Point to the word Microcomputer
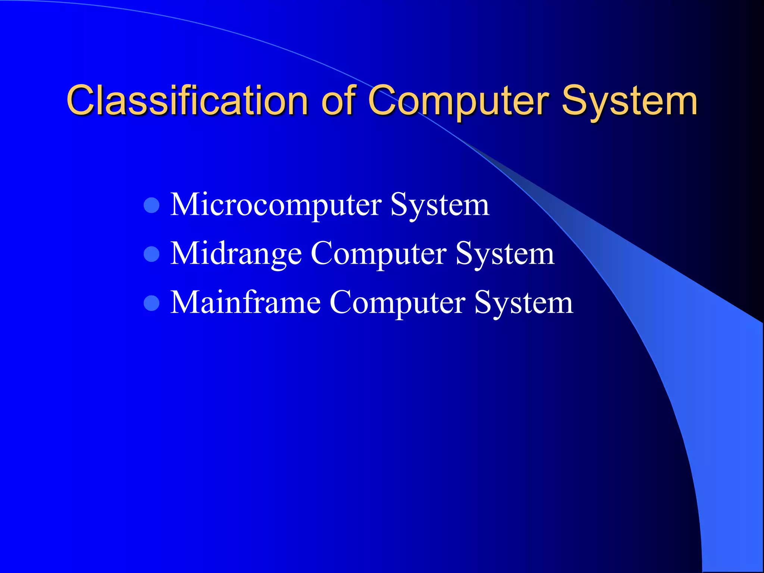[x=276, y=205]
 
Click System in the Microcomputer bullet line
[x=440, y=205]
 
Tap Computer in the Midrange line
[x=378, y=254]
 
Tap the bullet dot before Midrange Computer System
[x=151, y=254]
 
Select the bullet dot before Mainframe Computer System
[x=151, y=303]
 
